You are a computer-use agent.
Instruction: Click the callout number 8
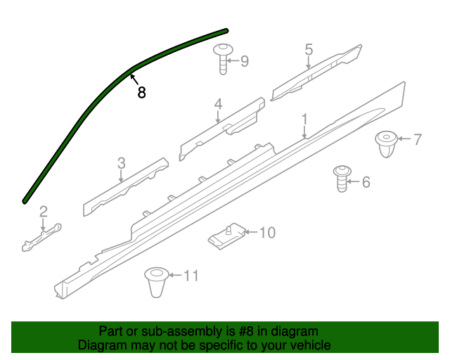click(142, 92)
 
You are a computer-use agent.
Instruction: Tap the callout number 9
click(245, 61)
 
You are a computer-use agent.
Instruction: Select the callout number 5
click(309, 49)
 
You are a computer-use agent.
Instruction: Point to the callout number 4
click(219, 104)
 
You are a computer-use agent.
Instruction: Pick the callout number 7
click(417, 139)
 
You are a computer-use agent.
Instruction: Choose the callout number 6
click(366, 182)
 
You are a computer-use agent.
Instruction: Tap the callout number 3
click(121, 163)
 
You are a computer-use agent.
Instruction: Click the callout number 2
click(43, 211)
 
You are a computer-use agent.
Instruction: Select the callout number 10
click(268, 233)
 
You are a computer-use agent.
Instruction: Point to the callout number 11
click(191, 276)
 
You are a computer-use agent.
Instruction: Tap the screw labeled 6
click(342, 179)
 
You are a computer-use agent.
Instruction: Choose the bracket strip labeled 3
click(124, 186)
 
